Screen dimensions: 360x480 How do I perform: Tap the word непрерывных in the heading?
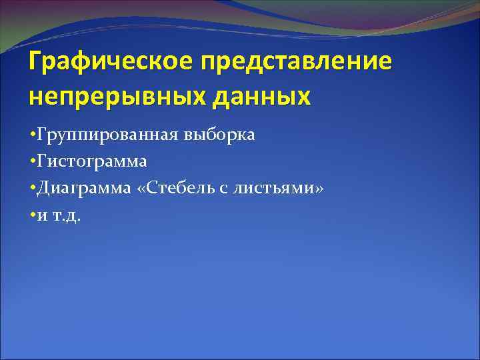tap(121, 97)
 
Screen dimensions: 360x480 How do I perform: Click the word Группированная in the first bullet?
tap(107, 135)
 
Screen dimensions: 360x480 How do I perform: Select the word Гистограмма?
tap(93, 162)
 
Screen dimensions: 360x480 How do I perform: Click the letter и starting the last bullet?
tap(42, 217)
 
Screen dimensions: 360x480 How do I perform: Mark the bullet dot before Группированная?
tap(33, 136)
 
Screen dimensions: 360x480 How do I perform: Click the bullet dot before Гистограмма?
tap(33, 163)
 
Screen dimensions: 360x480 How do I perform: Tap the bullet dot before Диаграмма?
tap(33, 189)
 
